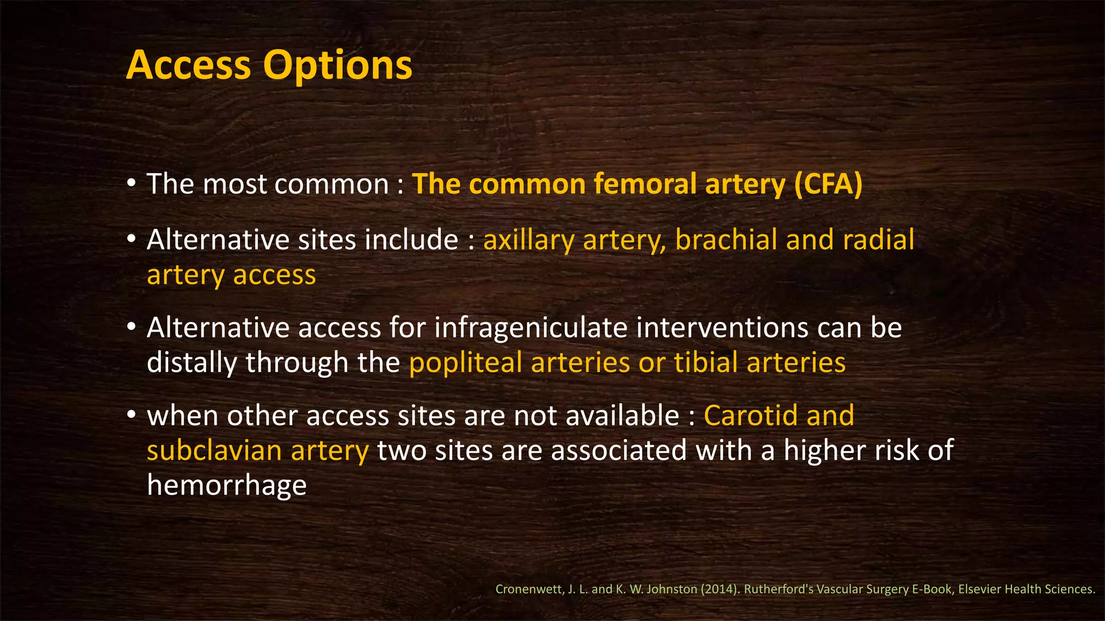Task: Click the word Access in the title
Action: point(189,65)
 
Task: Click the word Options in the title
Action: point(337,65)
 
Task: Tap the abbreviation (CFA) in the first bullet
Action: point(828,184)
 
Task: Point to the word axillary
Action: point(528,240)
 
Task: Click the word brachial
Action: point(726,240)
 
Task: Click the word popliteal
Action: point(465,363)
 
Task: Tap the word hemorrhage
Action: point(227,485)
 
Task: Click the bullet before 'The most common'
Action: point(132,184)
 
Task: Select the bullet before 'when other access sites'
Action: point(132,416)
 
